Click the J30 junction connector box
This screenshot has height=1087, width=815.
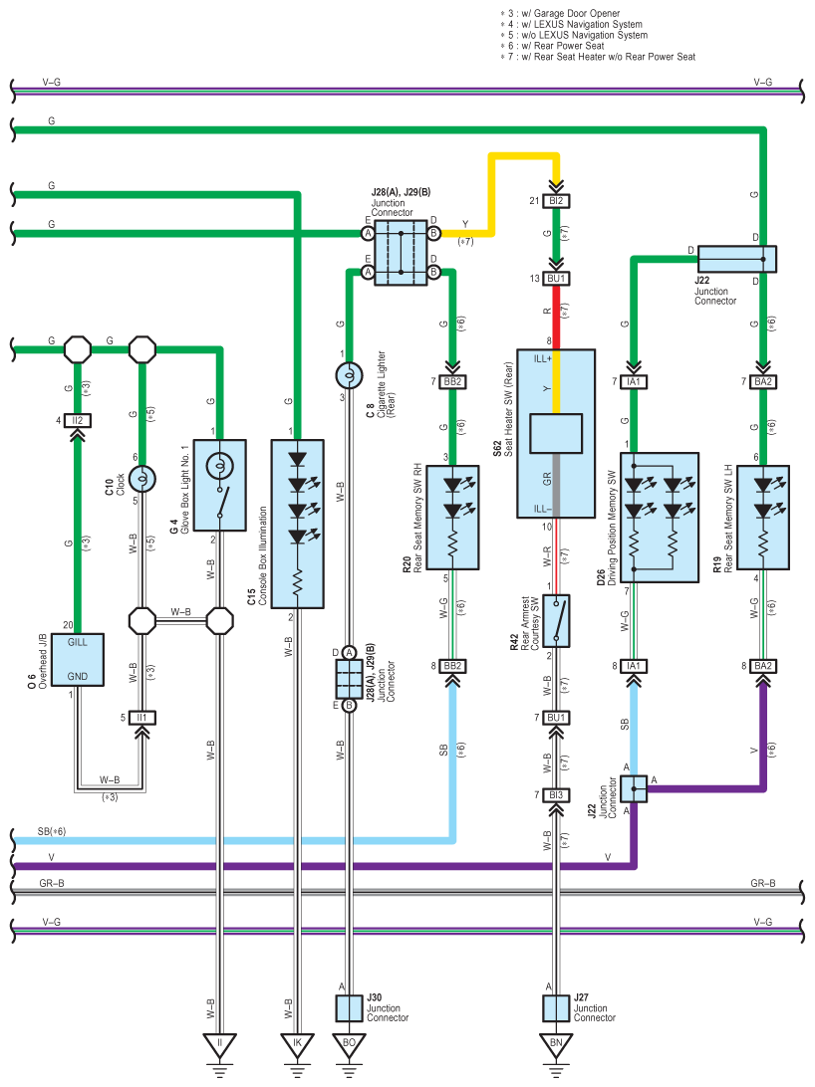[349, 1007]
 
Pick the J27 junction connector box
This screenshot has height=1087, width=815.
[555, 1007]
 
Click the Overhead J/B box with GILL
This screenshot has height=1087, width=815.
[78, 659]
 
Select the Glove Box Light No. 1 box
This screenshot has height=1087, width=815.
[219, 484]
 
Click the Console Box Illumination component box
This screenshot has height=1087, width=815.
[297, 524]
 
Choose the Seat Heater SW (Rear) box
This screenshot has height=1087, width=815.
[555, 433]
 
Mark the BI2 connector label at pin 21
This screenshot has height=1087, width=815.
[556, 201]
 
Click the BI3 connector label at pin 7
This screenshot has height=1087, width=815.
[556, 794]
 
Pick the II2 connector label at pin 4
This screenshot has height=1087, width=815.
[78, 421]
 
